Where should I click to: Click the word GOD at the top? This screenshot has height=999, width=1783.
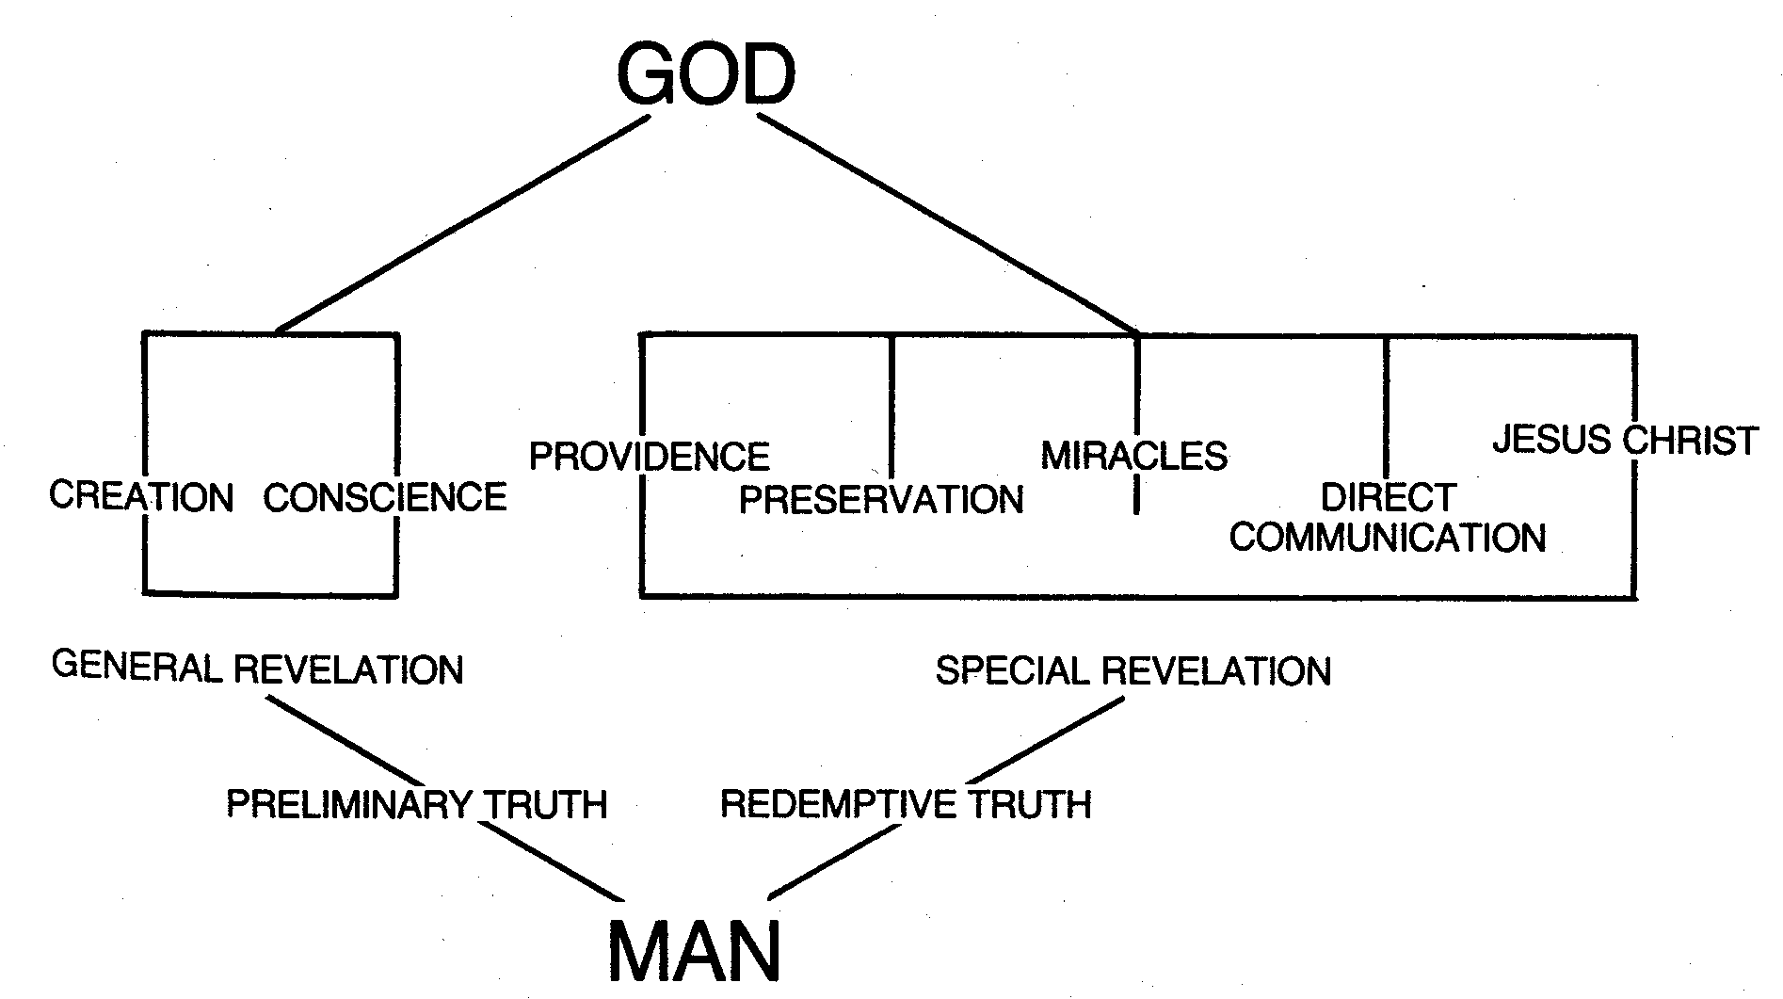705,75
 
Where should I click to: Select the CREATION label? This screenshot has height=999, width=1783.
141,496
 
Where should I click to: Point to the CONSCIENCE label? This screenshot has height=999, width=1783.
385,497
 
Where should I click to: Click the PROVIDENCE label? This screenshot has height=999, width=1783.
650,457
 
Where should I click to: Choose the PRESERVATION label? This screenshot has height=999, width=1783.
881,499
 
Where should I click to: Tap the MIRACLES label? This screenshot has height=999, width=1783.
1134,456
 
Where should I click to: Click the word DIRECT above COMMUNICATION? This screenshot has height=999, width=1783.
1389,497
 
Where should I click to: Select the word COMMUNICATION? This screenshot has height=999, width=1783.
1388,538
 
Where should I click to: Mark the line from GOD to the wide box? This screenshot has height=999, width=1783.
946,224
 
